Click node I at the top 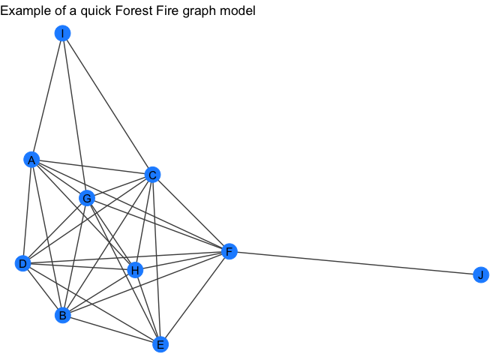tap(63, 33)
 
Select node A tap(31, 160)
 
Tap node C tap(152, 175)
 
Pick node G tap(87, 199)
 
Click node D tap(22, 263)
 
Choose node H tap(135, 270)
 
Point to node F tap(229, 251)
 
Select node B tap(63, 315)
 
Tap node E tap(159, 344)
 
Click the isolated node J tap(480, 274)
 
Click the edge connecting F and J tap(355, 263)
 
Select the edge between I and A tap(47, 96)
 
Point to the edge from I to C tap(107, 103)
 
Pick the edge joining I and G tap(75, 115)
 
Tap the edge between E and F tap(194, 298)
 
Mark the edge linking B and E tap(111, 330)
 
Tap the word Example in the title tap(27, 11)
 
